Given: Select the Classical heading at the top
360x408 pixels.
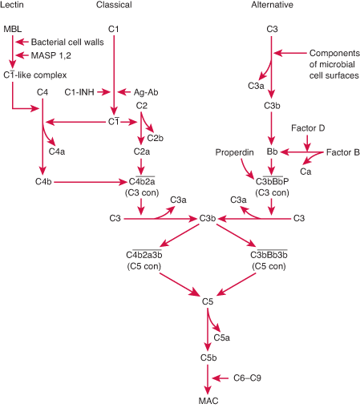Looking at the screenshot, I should pos(114,6).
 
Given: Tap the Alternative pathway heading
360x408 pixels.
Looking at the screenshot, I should pos(272,6).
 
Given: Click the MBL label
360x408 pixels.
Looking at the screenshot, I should pos(13,30).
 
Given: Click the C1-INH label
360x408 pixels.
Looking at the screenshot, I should pos(80,93).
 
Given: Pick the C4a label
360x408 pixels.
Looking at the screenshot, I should pos(58,151).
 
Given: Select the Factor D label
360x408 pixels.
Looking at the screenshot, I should pos(307,127).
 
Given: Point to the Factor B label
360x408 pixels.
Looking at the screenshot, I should pos(340,151).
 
